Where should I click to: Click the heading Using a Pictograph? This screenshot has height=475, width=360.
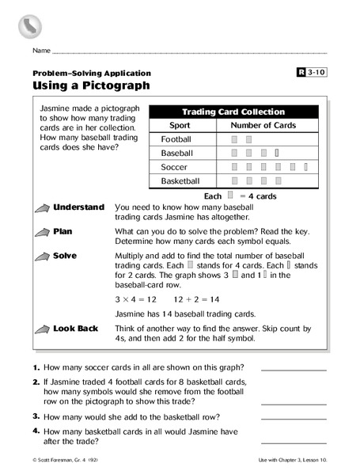click(x=90, y=85)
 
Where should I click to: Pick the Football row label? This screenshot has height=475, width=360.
click(x=176, y=139)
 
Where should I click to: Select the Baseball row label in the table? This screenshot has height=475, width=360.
click(x=178, y=152)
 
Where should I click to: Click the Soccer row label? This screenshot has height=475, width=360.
click(x=174, y=166)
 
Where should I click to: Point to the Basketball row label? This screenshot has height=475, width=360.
click(x=181, y=180)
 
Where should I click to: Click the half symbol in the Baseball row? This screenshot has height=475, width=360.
click(x=277, y=152)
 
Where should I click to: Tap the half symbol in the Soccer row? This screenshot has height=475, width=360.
click(x=306, y=166)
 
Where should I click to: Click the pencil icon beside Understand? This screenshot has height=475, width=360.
click(x=40, y=208)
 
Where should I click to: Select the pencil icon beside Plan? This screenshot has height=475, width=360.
click(x=40, y=233)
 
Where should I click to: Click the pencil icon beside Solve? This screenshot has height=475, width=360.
click(x=40, y=257)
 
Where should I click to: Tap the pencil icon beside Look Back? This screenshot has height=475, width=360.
click(x=40, y=327)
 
